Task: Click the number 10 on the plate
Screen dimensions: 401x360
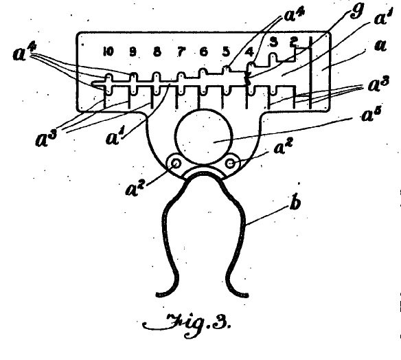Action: tap(108, 52)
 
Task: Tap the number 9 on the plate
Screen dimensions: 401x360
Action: tap(133, 52)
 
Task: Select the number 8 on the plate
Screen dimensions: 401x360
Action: tap(157, 52)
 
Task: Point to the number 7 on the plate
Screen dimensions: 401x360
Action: tap(181, 52)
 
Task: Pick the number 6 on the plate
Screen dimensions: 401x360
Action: tap(203, 52)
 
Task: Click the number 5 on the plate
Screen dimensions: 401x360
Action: tap(226, 52)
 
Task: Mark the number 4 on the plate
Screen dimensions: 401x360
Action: tap(249, 52)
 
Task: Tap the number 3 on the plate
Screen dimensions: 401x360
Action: tap(274, 42)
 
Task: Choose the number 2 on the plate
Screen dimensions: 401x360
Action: tap(294, 42)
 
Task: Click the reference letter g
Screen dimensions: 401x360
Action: tap(356, 12)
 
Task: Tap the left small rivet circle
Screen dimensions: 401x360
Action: tap(176, 164)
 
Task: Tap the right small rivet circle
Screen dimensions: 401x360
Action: tap(231, 164)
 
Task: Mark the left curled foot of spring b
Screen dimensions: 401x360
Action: tap(168, 286)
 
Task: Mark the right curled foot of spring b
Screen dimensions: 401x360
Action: tap(237, 286)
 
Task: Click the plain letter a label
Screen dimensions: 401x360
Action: tap(380, 45)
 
